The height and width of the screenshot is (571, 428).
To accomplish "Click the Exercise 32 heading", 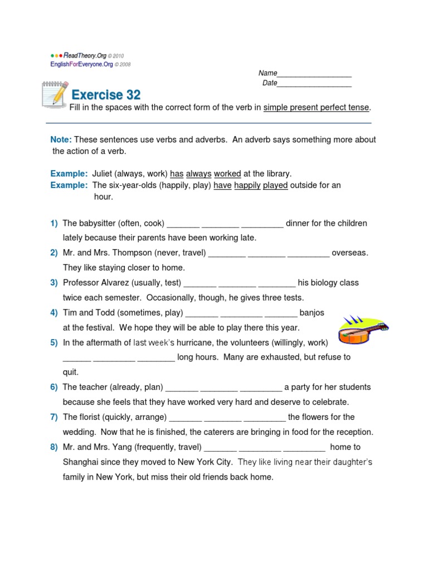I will click(x=105, y=94).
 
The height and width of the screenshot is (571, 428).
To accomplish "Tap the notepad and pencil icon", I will click(x=55, y=93).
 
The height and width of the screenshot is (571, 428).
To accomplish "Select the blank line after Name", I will click(x=314, y=74).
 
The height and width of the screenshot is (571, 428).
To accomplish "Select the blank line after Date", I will click(x=314, y=83).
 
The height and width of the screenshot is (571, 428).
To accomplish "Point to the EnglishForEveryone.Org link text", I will click(x=81, y=64).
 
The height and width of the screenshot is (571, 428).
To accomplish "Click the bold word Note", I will click(x=61, y=139).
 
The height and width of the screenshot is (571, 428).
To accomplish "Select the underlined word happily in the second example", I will click(x=247, y=185).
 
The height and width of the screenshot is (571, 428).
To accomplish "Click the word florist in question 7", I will click(x=91, y=417).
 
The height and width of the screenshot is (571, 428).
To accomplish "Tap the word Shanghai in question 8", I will click(x=81, y=462).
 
